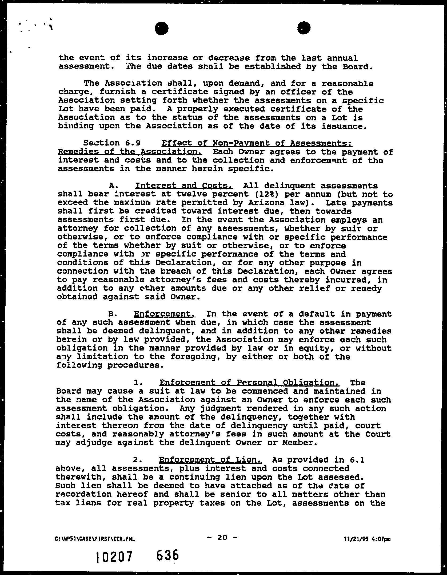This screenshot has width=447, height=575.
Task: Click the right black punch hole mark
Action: tap(304, 27)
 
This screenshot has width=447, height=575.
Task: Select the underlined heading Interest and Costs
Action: tap(184, 186)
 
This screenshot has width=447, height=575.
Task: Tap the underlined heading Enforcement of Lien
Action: tap(210, 460)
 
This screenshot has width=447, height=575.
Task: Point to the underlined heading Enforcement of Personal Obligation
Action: tap(249, 383)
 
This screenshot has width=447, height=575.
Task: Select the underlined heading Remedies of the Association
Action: tap(130, 152)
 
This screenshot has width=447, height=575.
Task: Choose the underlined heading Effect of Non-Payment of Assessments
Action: tap(257, 143)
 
